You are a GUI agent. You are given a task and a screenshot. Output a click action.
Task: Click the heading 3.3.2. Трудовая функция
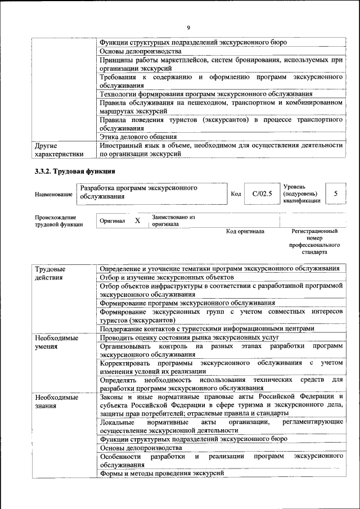[x=75, y=171]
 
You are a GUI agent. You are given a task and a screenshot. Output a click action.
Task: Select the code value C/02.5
[x=262, y=194]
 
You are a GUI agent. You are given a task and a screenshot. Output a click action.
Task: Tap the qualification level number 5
[x=336, y=193]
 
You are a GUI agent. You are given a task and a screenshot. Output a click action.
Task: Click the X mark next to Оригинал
[x=137, y=221]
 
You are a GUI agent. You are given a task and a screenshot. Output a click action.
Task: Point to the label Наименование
[x=53, y=194]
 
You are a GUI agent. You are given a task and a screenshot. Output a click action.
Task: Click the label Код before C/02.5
[x=236, y=194]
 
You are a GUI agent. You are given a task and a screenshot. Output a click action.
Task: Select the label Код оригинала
[x=245, y=231]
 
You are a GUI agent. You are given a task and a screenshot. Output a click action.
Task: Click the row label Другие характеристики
[x=59, y=149]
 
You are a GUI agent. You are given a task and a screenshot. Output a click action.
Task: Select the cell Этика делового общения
[x=138, y=136]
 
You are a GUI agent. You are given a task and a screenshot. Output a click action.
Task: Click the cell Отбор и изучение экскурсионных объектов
[x=166, y=277]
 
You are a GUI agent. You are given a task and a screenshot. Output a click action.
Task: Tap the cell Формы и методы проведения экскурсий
[x=162, y=474]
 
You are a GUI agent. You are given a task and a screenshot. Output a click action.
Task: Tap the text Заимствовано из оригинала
[x=173, y=220]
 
